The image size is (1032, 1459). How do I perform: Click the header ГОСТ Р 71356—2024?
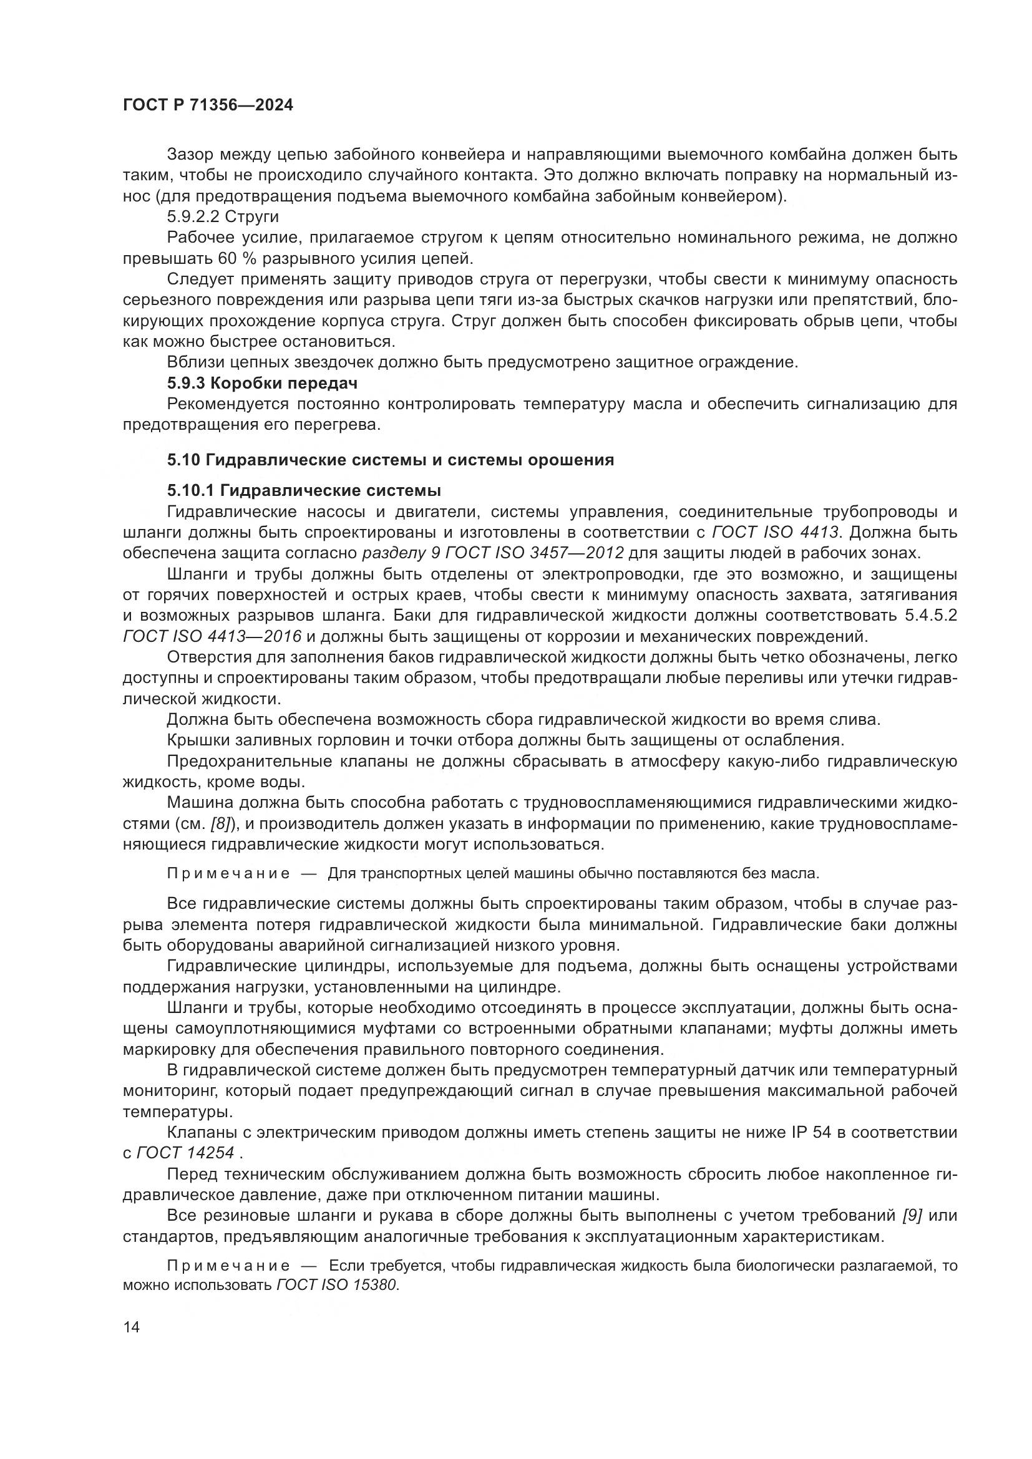point(208,105)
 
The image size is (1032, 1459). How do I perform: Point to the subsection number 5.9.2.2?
point(193,216)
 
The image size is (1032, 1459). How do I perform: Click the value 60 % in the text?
point(234,259)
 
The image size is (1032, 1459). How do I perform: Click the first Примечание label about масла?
point(228,873)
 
